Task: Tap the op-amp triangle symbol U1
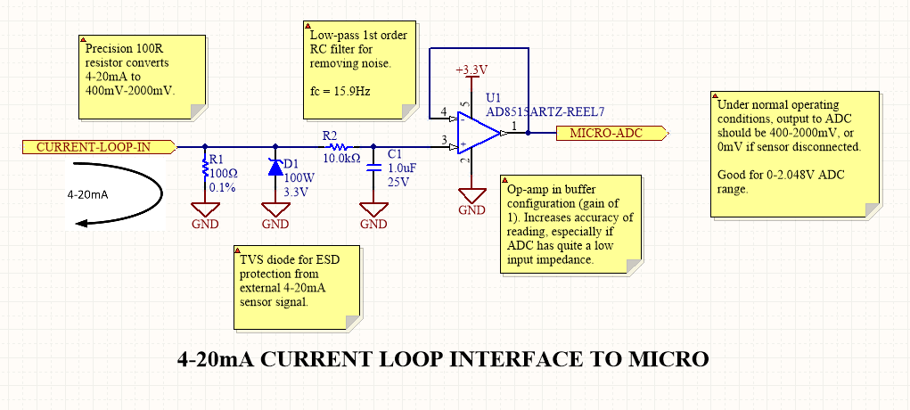(476, 134)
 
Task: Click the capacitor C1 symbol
(373, 167)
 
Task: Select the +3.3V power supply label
(471, 70)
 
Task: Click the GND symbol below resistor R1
(206, 211)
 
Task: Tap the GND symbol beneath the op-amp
(471, 198)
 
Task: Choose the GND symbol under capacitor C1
(373, 211)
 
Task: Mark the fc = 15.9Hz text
(340, 89)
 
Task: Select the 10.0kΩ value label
(340, 158)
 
